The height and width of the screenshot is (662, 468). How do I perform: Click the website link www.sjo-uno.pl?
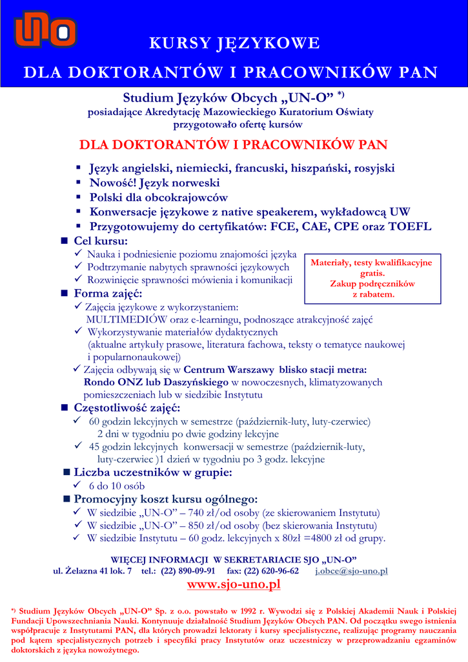click(234, 584)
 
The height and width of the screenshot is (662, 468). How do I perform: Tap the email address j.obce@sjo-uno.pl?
click(351, 571)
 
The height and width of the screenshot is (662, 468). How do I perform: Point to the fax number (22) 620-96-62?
click(271, 571)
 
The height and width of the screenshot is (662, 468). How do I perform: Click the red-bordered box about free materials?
click(372, 279)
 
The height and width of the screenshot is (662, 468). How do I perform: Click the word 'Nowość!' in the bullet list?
click(112, 183)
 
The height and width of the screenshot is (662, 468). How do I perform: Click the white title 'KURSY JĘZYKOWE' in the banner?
click(234, 43)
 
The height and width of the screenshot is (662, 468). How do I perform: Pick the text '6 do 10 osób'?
click(116, 486)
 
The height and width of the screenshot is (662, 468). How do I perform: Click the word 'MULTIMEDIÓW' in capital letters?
click(121, 319)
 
